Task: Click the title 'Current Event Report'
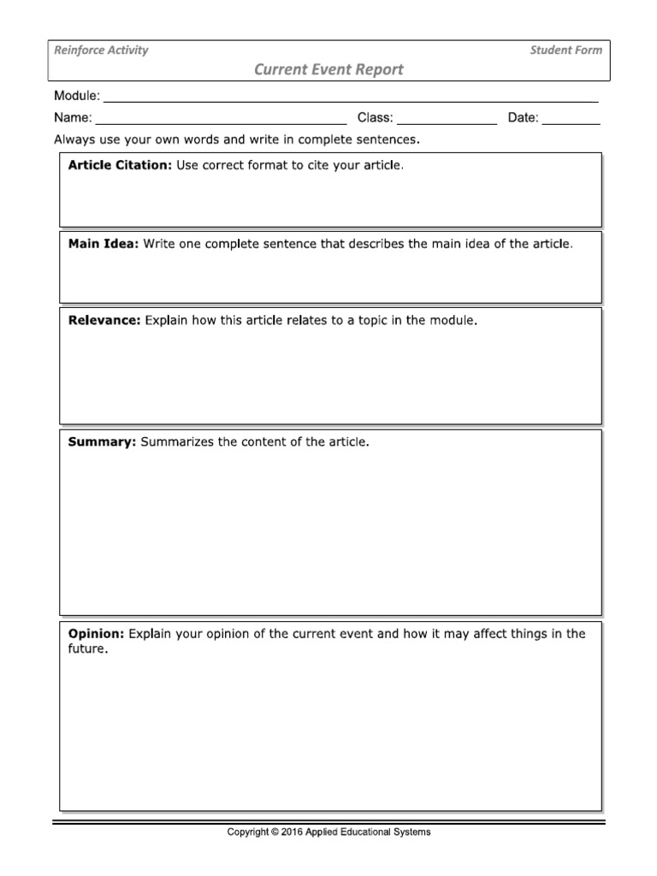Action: tap(328, 70)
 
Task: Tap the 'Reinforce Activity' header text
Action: tap(101, 50)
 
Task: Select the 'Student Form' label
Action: tap(565, 50)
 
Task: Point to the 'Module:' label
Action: tap(77, 96)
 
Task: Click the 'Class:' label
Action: tap(375, 118)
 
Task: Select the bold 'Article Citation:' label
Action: tap(120, 165)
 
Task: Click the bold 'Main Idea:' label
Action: tap(103, 244)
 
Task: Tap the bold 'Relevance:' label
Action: tap(104, 321)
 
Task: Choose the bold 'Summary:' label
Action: tap(102, 442)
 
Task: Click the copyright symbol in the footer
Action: tap(274, 832)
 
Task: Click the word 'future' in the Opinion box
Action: tap(87, 649)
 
